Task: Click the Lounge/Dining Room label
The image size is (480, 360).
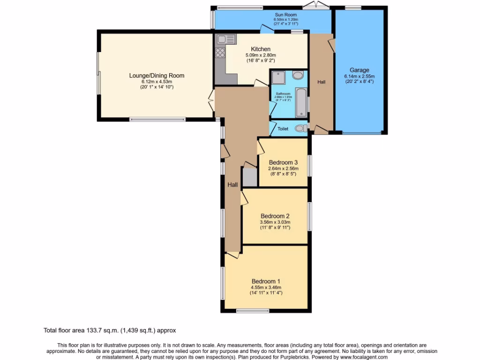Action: [x=157, y=75]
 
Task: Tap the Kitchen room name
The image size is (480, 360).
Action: [x=261, y=49]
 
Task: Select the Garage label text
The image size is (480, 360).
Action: [x=359, y=70]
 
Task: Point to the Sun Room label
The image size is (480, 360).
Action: [x=286, y=15]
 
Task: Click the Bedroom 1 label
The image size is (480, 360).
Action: [x=266, y=281]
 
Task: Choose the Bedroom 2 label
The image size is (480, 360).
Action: [x=275, y=216]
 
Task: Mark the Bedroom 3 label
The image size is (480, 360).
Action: [x=283, y=163]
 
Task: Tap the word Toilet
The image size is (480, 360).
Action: [x=283, y=128]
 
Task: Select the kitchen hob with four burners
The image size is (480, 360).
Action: [x=220, y=52]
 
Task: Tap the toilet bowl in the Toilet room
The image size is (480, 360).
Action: [x=300, y=128]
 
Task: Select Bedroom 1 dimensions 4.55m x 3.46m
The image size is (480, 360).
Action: [x=266, y=287]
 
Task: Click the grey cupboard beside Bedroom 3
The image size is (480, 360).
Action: [x=249, y=177]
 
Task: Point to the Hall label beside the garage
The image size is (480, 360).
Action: [x=322, y=82]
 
